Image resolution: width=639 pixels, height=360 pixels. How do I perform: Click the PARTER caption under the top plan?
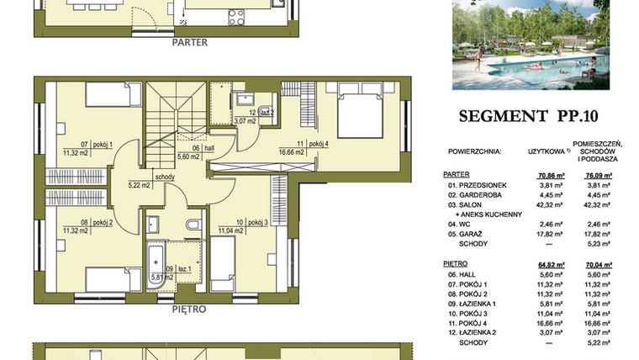click(190, 40)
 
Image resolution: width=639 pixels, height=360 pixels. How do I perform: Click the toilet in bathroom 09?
click(193, 226)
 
